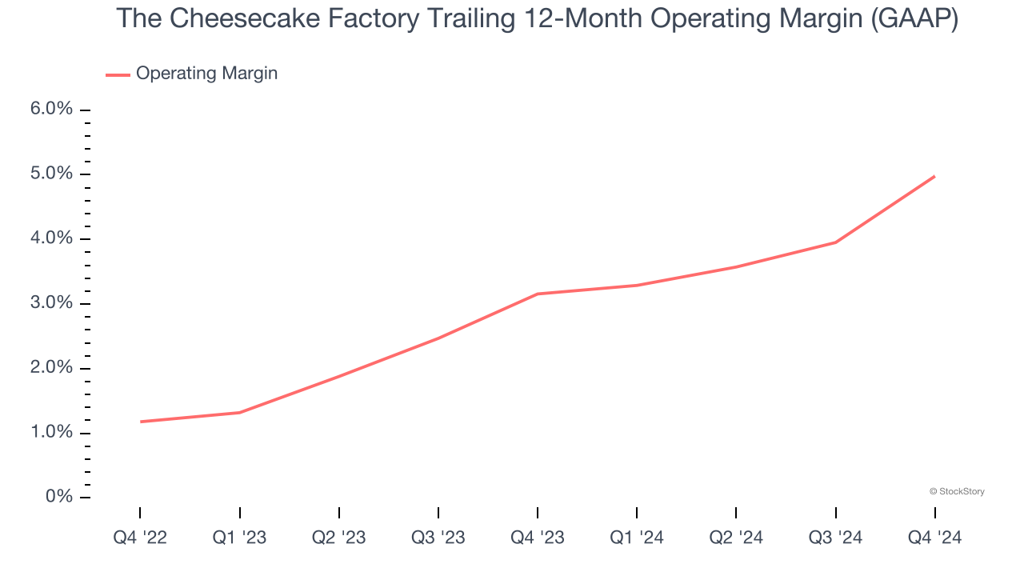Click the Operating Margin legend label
(x=206, y=74)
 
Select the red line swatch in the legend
(x=118, y=74)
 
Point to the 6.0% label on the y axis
(x=51, y=110)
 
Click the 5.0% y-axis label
(x=51, y=174)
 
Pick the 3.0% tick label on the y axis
(x=51, y=304)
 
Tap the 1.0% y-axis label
(x=51, y=433)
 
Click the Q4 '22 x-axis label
(x=140, y=538)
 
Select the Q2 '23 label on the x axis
(x=339, y=538)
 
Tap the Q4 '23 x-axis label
(x=538, y=538)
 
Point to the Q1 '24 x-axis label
(x=637, y=538)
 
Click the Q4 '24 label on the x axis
(x=935, y=538)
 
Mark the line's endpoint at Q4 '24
(x=934, y=176)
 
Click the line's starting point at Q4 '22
(x=141, y=422)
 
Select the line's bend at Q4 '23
(x=538, y=294)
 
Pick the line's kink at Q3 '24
(x=836, y=242)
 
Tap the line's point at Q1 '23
(x=240, y=412)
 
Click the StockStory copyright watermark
(x=957, y=491)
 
